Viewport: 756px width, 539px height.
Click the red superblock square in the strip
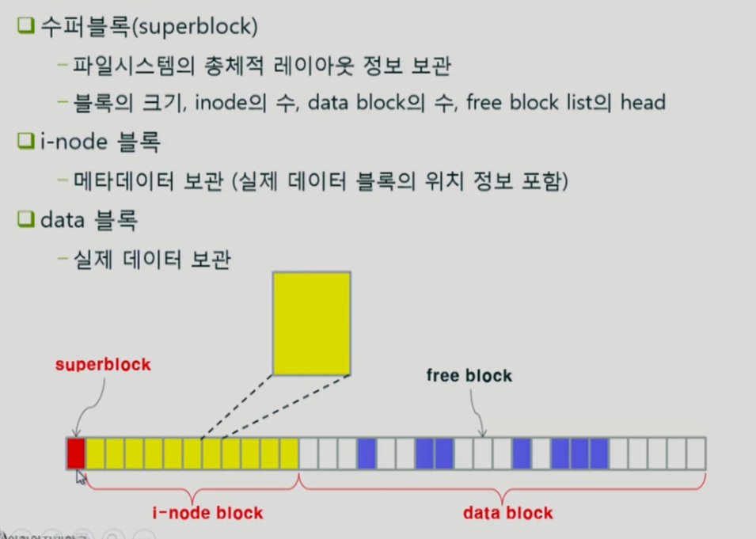click(x=76, y=454)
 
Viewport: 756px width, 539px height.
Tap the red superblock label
click(x=103, y=365)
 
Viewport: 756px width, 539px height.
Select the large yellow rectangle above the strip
click(x=311, y=322)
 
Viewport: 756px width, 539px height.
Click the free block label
click(x=469, y=375)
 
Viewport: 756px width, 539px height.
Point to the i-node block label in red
click(x=207, y=513)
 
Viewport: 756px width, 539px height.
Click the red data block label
click(x=508, y=513)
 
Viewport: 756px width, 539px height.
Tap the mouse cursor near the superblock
click(x=81, y=476)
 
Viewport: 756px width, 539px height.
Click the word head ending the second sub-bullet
click(x=644, y=103)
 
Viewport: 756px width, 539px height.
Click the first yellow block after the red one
click(x=96, y=454)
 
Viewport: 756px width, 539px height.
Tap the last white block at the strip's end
click(x=696, y=454)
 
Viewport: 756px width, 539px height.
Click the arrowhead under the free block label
click(x=483, y=432)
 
